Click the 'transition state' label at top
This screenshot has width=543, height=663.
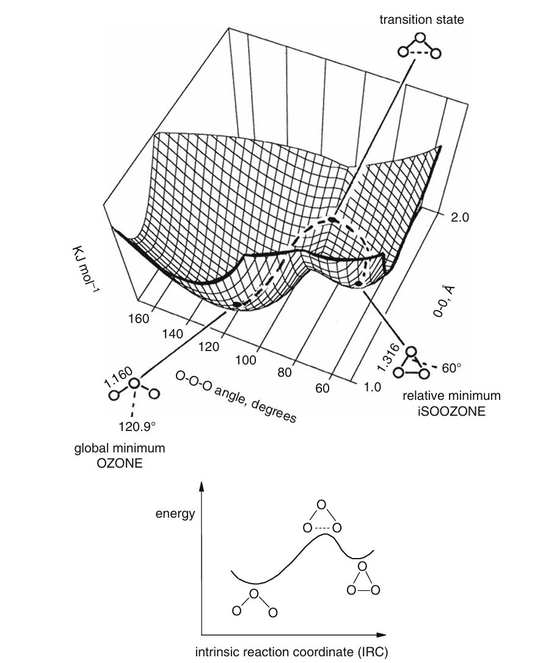[421, 20]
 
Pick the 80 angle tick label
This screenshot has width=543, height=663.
[285, 373]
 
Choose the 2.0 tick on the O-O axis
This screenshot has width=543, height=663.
[459, 218]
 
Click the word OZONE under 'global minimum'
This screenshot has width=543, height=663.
[120, 463]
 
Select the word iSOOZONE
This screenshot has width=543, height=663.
[451, 411]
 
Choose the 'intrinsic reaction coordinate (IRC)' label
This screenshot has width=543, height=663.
[291, 651]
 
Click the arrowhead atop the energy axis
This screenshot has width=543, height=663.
[201, 487]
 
